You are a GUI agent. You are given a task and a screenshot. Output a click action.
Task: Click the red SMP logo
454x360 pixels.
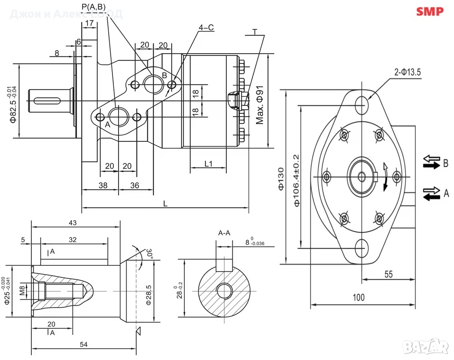[429, 12]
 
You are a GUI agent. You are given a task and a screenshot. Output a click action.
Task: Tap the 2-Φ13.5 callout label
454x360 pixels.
[407, 72]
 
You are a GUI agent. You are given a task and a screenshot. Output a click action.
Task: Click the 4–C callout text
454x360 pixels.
[206, 28]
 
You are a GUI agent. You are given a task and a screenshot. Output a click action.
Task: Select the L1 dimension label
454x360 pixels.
[209, 164]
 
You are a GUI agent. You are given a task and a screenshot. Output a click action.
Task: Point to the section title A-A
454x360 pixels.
[224, 233]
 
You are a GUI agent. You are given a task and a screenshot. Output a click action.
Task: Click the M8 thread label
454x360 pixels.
[22, 291]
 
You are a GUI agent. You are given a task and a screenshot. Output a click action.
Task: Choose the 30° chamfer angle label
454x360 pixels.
[149, 254]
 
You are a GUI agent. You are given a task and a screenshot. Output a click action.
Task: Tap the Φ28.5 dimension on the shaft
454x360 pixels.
[148, 295]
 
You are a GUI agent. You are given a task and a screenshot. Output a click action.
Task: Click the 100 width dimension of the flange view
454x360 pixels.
[359, 297]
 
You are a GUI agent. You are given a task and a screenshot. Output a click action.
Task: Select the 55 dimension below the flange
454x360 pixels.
[388, 274]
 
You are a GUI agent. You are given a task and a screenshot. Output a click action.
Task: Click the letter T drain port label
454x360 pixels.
[255, 31]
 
